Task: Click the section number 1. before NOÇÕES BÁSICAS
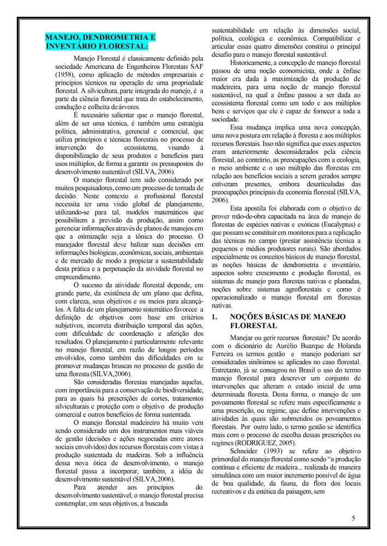click(215, 316)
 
